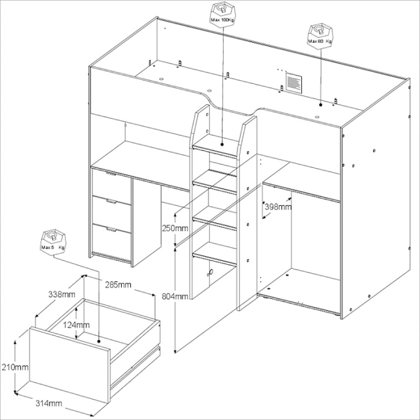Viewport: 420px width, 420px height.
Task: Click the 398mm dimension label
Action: click(x=278, y=206)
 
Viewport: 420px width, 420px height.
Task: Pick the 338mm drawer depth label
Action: click(x=61, y=294)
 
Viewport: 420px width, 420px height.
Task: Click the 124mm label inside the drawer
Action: click(x=79, y=325)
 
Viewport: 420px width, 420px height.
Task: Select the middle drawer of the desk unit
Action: click(x=112, y=210)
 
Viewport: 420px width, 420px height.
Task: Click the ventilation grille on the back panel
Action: click(x=293, y=82)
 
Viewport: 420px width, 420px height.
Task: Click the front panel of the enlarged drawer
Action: click(x=69, y=366)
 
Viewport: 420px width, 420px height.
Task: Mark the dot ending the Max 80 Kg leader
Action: click(x=321, y=104)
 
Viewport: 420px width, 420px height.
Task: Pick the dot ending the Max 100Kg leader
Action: click(x=223, y=143)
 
